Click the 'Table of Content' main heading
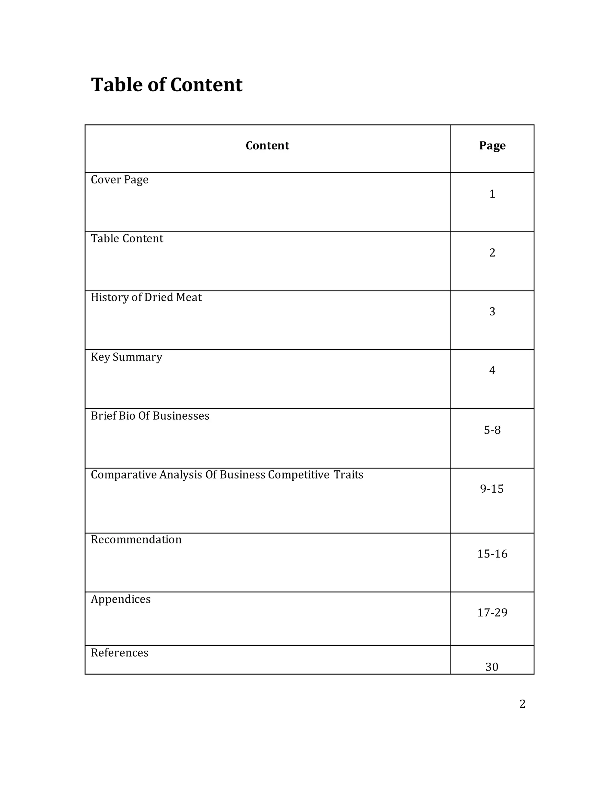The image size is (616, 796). point(166,85)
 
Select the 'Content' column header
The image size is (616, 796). point(267,145)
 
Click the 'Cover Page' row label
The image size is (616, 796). point(119,180)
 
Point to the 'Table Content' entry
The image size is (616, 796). point(127,238)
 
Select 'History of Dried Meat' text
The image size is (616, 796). point(146,297)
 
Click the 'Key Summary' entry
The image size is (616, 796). point(126,357)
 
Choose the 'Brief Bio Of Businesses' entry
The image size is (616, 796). point(150,416)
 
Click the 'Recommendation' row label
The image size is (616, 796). point(136,540)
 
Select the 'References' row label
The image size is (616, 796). point(119,653)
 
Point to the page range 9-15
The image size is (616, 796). point(492,489)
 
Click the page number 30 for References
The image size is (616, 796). point(492,667)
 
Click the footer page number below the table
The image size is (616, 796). point(522,704)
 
